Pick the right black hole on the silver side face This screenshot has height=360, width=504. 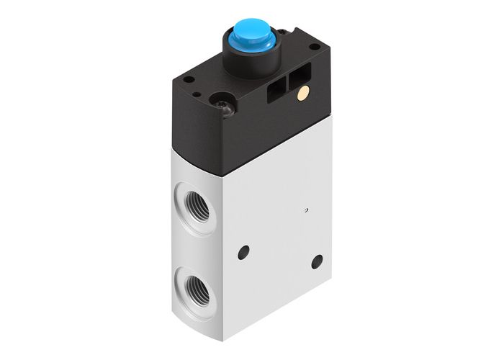click(315, 258)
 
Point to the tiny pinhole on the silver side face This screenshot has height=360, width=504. click(305, 210)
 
